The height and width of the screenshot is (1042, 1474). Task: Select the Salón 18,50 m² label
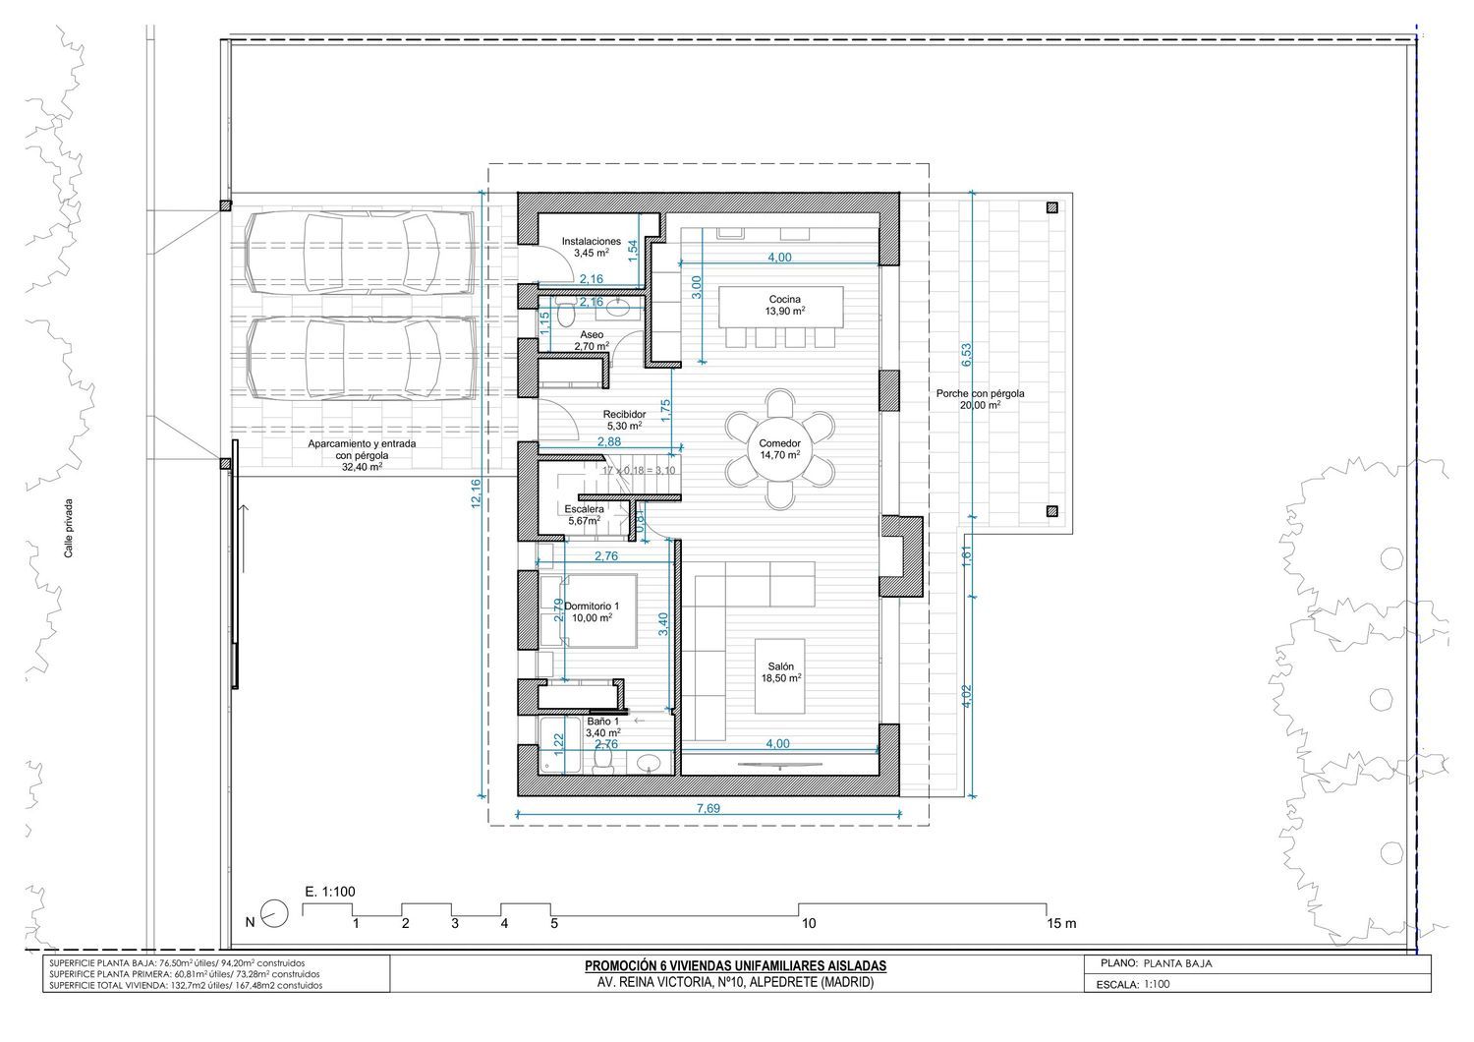[781, 671]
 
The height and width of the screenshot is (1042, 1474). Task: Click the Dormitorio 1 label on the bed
[592, 611]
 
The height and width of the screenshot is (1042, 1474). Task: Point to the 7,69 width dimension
[709, 808]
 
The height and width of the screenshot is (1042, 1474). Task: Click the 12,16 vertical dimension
[476, 493]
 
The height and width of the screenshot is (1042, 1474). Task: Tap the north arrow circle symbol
[274, 913]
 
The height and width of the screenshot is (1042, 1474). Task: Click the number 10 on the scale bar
[809, 923]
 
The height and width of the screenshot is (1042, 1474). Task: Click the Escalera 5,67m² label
[585, 514]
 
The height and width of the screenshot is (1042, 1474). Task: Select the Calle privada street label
[69, 528]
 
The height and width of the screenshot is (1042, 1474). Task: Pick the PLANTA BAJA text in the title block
[1178, 963]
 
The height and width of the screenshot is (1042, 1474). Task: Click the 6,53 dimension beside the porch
[966, 355]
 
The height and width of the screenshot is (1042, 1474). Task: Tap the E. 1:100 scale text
[330, 892]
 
